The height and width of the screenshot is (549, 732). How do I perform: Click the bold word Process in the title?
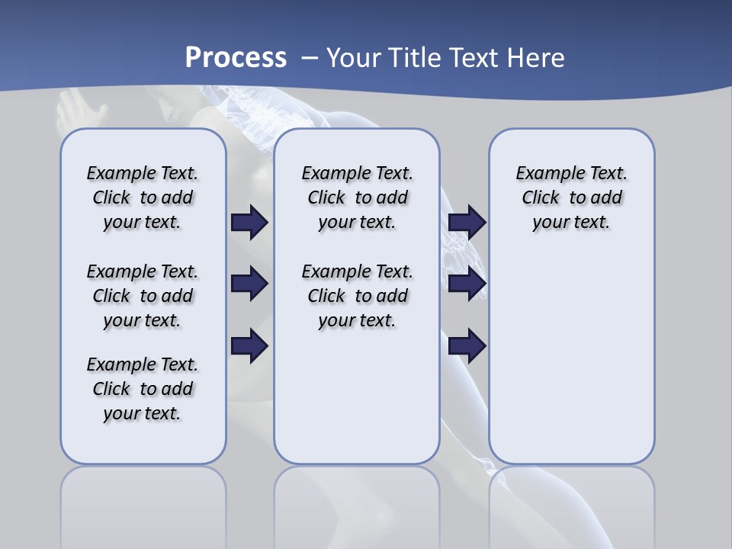[236, 57]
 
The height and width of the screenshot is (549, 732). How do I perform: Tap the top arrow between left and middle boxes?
[249, 222]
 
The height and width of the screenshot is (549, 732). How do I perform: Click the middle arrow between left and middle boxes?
[249, 284]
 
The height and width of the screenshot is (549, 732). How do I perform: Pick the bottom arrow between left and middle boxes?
[249, 346]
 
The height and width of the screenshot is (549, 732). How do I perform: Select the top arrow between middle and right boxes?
[467, 222]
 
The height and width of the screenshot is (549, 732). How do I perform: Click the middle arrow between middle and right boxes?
[467, 284]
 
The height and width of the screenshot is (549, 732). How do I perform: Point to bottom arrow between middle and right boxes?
[467, 346]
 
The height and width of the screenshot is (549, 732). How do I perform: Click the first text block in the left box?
[143, 197]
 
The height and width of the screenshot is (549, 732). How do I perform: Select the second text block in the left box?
[143, 296]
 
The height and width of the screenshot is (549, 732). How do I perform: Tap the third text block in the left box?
[143, 389]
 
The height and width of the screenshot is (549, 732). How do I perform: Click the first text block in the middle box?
[358, 197]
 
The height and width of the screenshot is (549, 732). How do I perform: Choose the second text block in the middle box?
[358, 296]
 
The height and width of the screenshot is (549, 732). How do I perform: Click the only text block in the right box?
[572, 197]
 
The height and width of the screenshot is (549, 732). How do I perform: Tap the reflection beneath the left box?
[143, 503]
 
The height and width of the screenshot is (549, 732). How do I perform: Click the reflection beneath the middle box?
[357, 503]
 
